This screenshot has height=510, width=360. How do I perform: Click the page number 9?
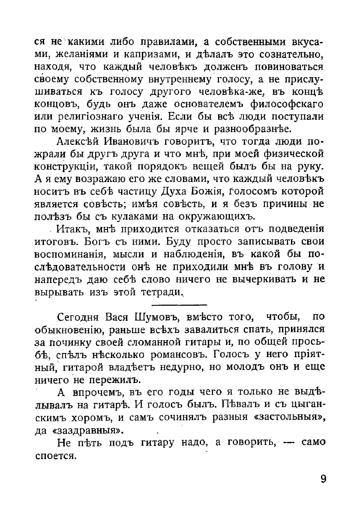[323, 478]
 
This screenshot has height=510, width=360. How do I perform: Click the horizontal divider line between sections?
[179, 304]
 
